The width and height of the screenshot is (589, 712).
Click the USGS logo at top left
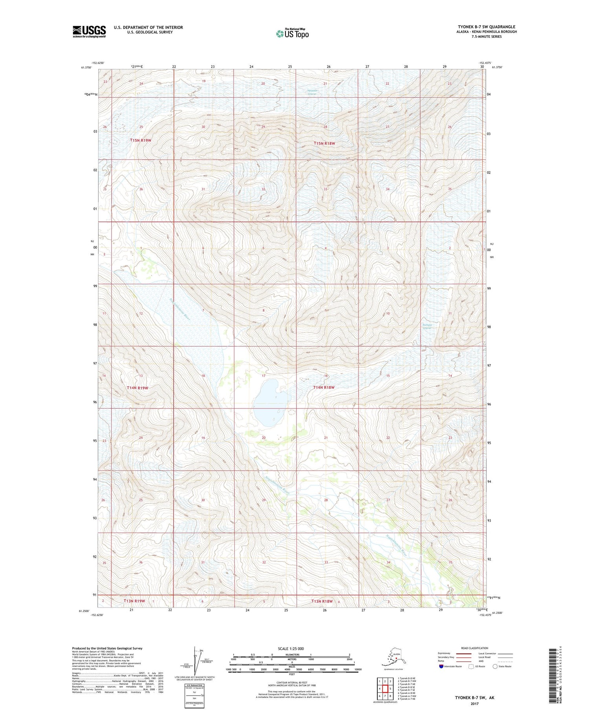click(x=89, y=31)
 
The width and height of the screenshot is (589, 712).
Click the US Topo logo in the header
click(x=292, y=34)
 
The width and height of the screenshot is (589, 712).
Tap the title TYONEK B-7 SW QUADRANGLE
click(x=486, y=27)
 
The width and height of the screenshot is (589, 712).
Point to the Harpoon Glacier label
click(x=313, y=92)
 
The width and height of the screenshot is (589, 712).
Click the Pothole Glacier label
click(x=427, y=326)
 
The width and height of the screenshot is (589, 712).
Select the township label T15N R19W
click(x=141, y=140)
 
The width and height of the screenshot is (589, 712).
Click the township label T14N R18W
click(x=324, y=387)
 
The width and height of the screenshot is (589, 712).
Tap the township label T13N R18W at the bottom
click(x=322, y=601)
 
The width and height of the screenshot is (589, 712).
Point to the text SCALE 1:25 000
click(x=291, y=648)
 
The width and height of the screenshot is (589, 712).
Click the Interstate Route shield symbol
click(x=441, y=666)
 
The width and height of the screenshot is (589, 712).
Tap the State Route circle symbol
click(x=495, y=666)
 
